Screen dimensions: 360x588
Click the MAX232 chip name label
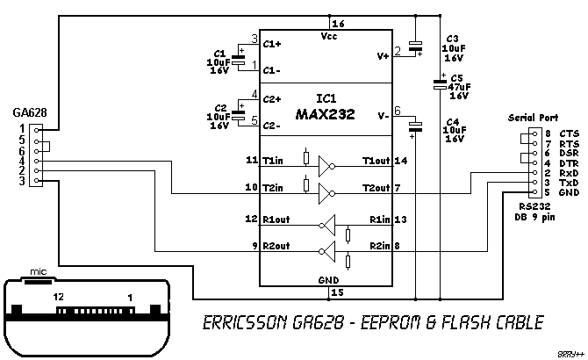(x=325, y=114)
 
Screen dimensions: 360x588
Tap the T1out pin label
(x=376, y=161)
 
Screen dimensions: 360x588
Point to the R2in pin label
(x=380, y=246)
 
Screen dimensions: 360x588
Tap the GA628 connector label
(x=30, y=112)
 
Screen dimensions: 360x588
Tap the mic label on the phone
(x=38, y=272)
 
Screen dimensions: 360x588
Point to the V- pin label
(x=383, y=114)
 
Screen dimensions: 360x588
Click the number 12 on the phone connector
(x=60, y=299)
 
